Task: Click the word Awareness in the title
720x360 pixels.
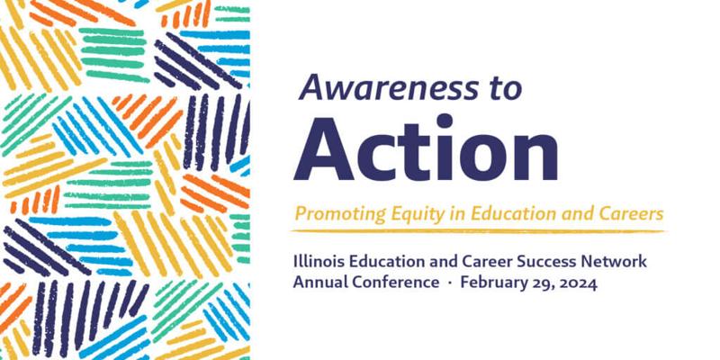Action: (x=389, y=87)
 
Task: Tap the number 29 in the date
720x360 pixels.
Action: (x=535, y=283)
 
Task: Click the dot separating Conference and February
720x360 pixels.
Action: (x=450, y=283)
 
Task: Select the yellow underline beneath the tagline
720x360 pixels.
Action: (x=478, y=231)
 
